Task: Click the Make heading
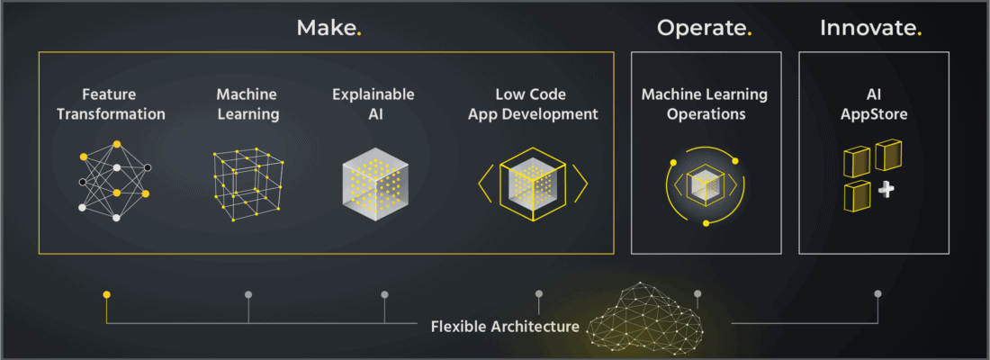(x=328, y=28)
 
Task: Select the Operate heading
(x=704, y=29)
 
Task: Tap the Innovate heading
(x=870, y=28)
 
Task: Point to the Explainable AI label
(x=373, y=104)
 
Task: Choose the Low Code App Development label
(x=532, y=104)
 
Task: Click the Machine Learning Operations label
(x=705, y=104)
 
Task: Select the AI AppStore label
(x=874, y=104)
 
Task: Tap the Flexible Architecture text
(x=505, y=327)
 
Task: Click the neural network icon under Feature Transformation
(x=116, y=181)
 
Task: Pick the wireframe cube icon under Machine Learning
(x=248, y=185)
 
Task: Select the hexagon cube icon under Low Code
(x=533, y=184)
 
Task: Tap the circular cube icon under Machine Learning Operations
(x=705, y=187)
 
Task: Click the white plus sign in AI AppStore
(x=886, y=190)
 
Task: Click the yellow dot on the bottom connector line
(x=107, y=294)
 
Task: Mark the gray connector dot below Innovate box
(x=877, y=293)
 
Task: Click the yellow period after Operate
(x=750, y=34)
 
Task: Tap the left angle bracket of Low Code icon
(x=485, y=184)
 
